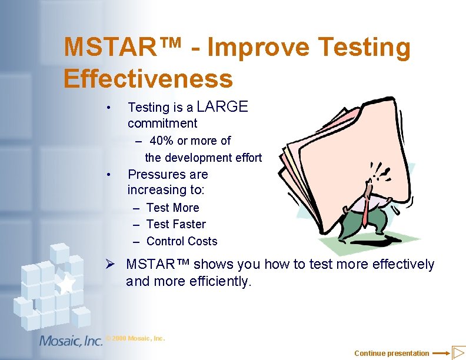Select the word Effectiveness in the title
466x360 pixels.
[148, 78]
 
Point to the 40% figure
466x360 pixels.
[162, 141]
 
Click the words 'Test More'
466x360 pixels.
[172, 208]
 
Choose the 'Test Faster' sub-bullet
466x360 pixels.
[176, 224]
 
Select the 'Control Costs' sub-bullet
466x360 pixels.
[182, 241]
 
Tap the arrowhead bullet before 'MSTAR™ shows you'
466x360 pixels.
[115, 265]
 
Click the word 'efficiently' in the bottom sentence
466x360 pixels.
[219, 282]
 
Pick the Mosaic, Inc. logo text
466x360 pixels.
[71, 341]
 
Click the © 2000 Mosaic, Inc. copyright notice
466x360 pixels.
[136, 338]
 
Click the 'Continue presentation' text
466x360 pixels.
[391, 353]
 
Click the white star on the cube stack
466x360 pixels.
[66, 284]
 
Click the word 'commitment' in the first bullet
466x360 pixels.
[162, 124]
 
